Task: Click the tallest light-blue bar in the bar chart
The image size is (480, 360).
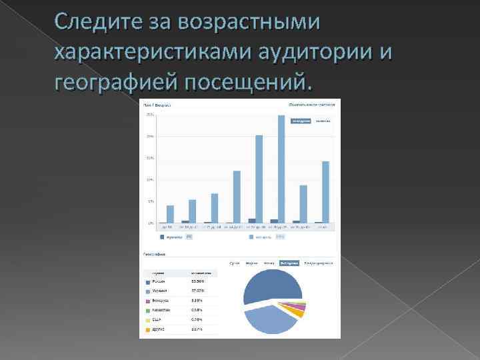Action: click(x=281, y=169)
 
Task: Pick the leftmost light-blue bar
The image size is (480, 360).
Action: click(x=170, y=214)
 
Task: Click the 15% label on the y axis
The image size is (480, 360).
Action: click(x=150, y=157)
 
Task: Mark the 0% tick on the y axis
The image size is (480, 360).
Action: click(x=151, y=223)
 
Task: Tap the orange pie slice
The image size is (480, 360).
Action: click(x=294, y=312)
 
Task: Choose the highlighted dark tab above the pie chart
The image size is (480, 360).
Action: click(x=289, y=263)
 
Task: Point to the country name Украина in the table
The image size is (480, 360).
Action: click(x=159, y=291)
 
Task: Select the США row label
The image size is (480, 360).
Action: click(x=157, y=319)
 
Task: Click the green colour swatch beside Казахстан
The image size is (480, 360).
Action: click(x=147, y=310)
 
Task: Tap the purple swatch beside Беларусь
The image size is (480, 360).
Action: click(x=147, y=301)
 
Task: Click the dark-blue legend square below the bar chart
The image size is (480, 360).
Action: click(x=161, y=237)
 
